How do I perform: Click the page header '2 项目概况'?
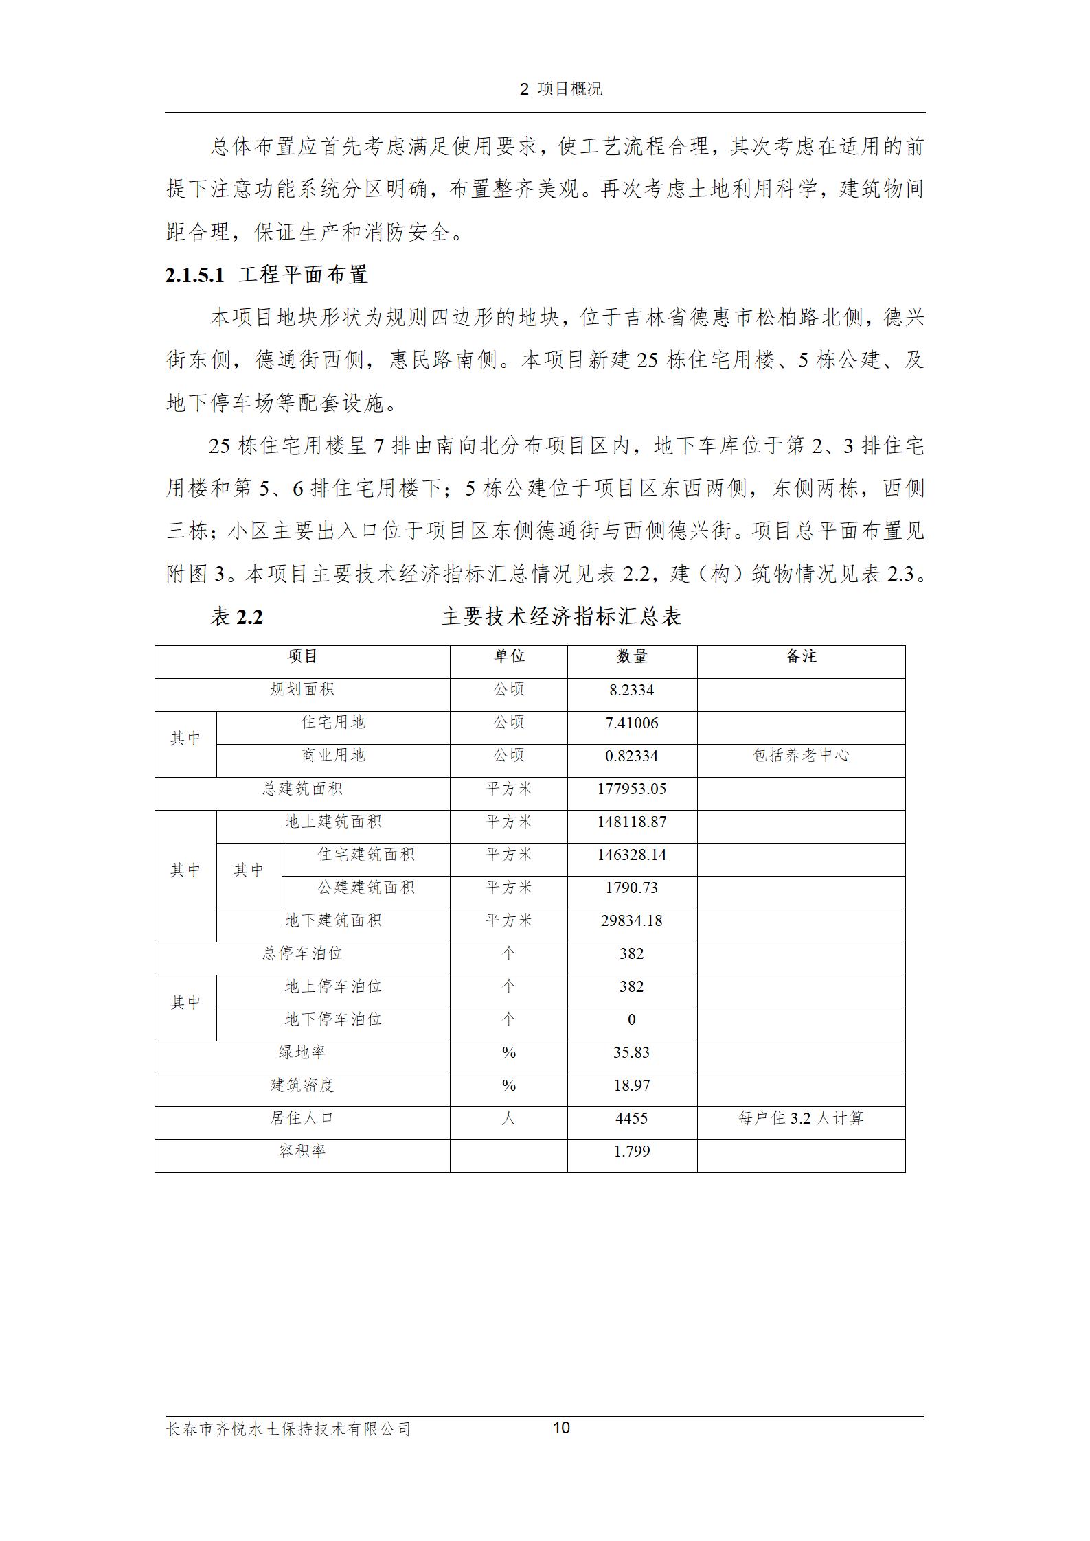[x=560, y=89]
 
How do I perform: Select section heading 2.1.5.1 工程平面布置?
[x=266, y=275]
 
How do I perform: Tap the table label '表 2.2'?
[x=237, y=616]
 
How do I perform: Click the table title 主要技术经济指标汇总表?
[x=561, y=616]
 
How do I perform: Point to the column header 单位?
[x=509, y=657]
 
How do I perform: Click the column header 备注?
[x=801, y=657]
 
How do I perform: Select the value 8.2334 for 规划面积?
[x=631, y=690]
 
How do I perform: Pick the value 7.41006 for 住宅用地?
[x=631, y=723]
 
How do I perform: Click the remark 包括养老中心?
[x=801, y=756]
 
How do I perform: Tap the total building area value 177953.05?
[x=631, y=789]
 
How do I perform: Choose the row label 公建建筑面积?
[x=365, y=888]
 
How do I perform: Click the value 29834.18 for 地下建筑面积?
[x=631, y=920]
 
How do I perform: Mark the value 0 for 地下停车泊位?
[x=631, y=1019]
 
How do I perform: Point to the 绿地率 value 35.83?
[x=631, y=1052]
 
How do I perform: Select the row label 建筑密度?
[x=302, y=1085]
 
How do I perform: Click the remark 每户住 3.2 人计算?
[x=801, y=1118]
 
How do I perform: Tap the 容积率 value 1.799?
[x=631, y=1151]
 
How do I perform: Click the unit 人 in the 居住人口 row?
[x=509, y=1118]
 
